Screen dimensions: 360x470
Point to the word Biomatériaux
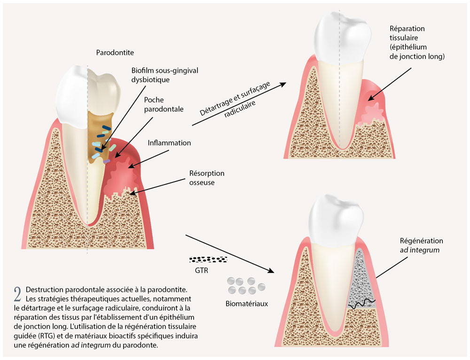click(247, 304)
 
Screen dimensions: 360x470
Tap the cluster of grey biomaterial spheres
click(246, 285)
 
